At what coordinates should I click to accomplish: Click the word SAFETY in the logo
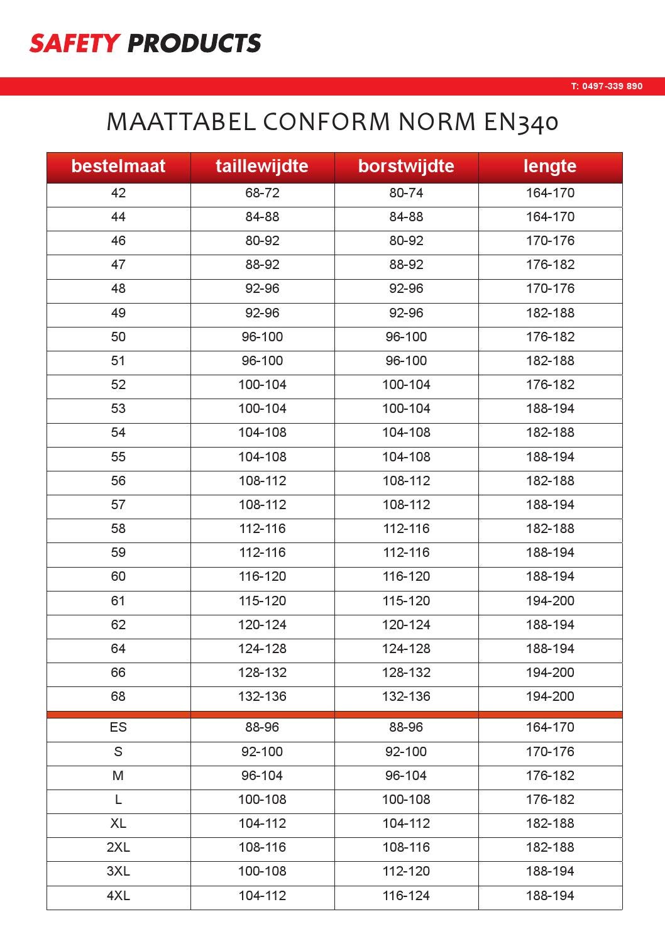(x=74, y=43)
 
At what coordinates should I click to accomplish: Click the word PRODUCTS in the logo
(x=194, y=43)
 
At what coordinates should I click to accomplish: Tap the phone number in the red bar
(x=607, y=86)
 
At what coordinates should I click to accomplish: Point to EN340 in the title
(x=521, y=122)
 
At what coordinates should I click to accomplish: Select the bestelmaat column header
(x=118, y=166)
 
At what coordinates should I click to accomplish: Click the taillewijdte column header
(x=262, y=166)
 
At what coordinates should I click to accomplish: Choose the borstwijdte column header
(x=406, y=166)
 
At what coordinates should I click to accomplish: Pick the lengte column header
(x=550, y=166)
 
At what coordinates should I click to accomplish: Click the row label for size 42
(x=118, y=193)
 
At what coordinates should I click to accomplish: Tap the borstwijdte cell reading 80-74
(x=406, y=193)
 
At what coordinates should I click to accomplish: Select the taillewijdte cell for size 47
(x=262, y=265)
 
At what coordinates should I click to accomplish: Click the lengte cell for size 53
(x=550, y=409)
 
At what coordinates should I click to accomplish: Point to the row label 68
(x=118, y=696)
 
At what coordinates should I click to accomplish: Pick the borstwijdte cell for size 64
(x=406, y=649)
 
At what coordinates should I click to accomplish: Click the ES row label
(x=118, y=727)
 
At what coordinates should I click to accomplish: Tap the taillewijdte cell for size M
(x=262, y=776)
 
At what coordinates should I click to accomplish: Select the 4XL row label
(x=118, y=896)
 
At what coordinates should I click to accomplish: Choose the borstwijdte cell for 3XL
(x=406, y=871)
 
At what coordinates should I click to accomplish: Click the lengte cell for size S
(x=550, y=752)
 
